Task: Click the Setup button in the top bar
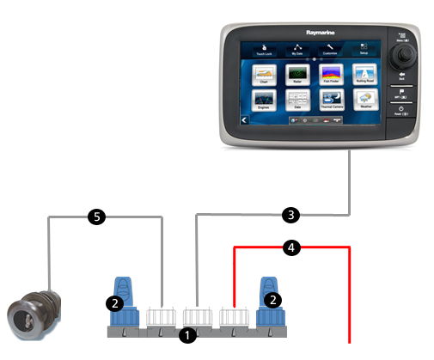(364, 48)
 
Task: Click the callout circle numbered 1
(187, 337)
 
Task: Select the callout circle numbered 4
(291, 248)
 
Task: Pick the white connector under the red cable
(235, 317)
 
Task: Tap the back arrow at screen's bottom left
(245, 122)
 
